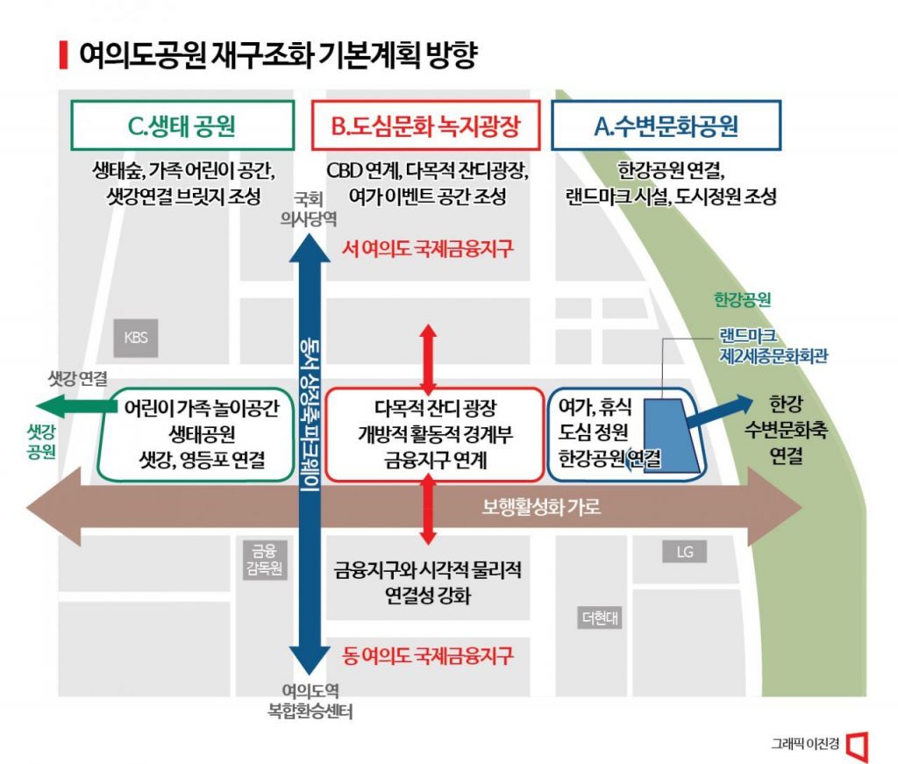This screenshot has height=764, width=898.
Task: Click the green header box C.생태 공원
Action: click(x=182, y=127)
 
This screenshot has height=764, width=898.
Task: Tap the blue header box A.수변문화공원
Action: click(x=666, y=127)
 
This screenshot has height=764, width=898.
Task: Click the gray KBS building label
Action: click(x=136, y=338)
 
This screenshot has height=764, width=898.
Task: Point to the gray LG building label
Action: click(x=684, y=552)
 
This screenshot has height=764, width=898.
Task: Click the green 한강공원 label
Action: click(x=742, y=300)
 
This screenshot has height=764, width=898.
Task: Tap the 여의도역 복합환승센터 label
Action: click(x=303, y=699)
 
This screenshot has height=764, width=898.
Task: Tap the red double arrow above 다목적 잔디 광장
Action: click(x=427, y=359)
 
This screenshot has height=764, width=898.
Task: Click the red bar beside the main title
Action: click(x=62, y=54)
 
